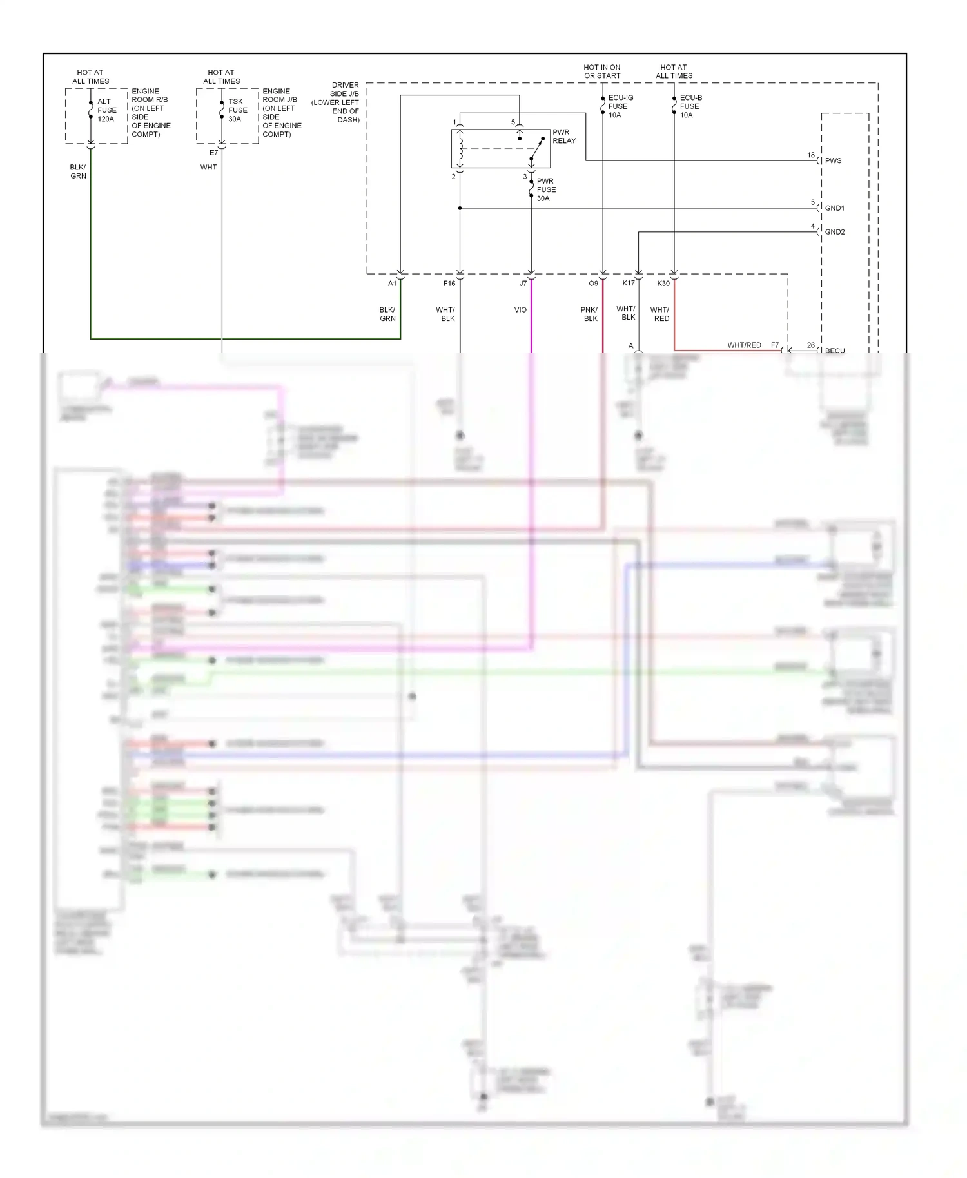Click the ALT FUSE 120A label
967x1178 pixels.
[x=106, y=110]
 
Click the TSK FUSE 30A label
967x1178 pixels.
[x=237, y=110]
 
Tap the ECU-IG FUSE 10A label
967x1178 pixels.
[x=620, y=106]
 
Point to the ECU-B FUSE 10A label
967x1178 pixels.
[x=690, y=106]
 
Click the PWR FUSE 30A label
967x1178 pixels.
[x=545, y=190]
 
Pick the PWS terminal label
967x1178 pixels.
[x=833, y=161]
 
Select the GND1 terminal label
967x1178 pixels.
[x=834, y=208]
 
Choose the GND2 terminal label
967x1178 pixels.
[x=834, y=232]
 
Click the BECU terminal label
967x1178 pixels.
[x=834, y=351]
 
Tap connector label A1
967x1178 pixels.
[x=392, y=284]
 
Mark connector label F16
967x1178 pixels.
[x=449, y=284]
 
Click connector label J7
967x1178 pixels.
[x=523, y=284]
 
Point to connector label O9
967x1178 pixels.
[x=593, y=284]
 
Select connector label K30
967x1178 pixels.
[x=663, y=284]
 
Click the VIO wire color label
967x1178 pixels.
[x=520, y=310]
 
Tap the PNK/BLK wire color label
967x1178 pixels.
[x=589, y=314]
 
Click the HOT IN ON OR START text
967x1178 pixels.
[x=602, y=72]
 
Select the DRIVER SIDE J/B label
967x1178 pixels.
[x=337, y=102]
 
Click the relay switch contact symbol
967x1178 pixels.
[x=536, y=150]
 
